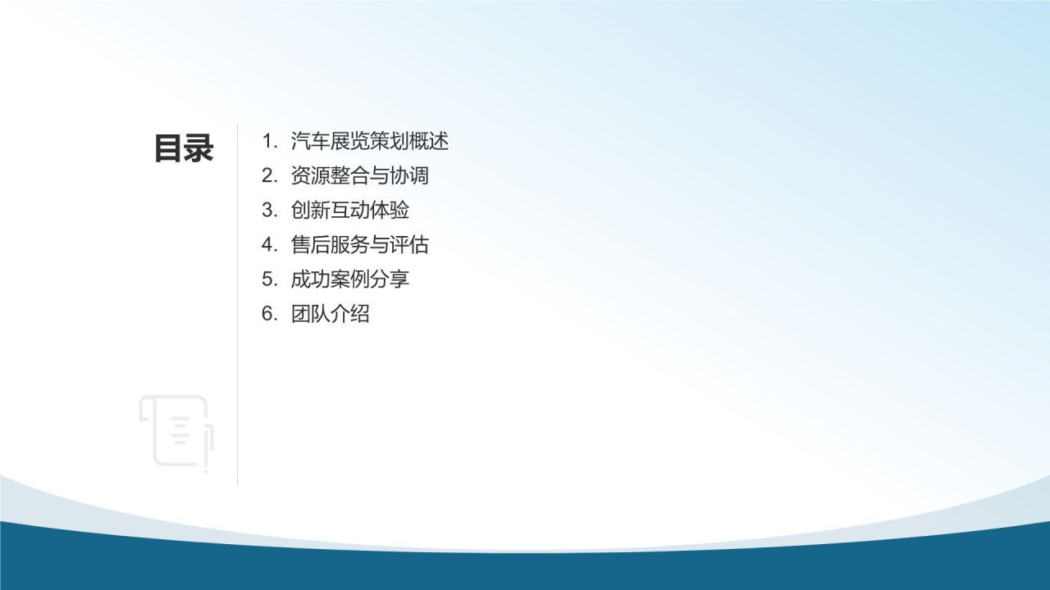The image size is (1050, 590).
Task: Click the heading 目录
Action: tap(184, 149)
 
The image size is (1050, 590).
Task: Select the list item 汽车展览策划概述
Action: tap(369, 141)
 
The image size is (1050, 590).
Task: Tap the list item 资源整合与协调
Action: tap(359, 175)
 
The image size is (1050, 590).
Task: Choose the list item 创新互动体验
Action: tap(349, 210)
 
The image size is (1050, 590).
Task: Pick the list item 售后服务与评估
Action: tap(359, 244)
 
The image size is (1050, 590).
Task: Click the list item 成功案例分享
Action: tap(349, 279)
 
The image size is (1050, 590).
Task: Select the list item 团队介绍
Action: tap(330, 313)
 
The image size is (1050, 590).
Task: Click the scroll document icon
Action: tap(177, 433)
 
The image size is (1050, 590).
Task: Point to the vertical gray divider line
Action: tap(238, 328)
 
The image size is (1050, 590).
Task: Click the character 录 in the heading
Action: tap(199, 149)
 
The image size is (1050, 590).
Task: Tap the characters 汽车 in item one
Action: tap(310, 141)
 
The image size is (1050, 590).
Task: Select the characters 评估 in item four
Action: tap(409, 244)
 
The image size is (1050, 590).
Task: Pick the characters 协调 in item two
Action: tap(409, 175)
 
